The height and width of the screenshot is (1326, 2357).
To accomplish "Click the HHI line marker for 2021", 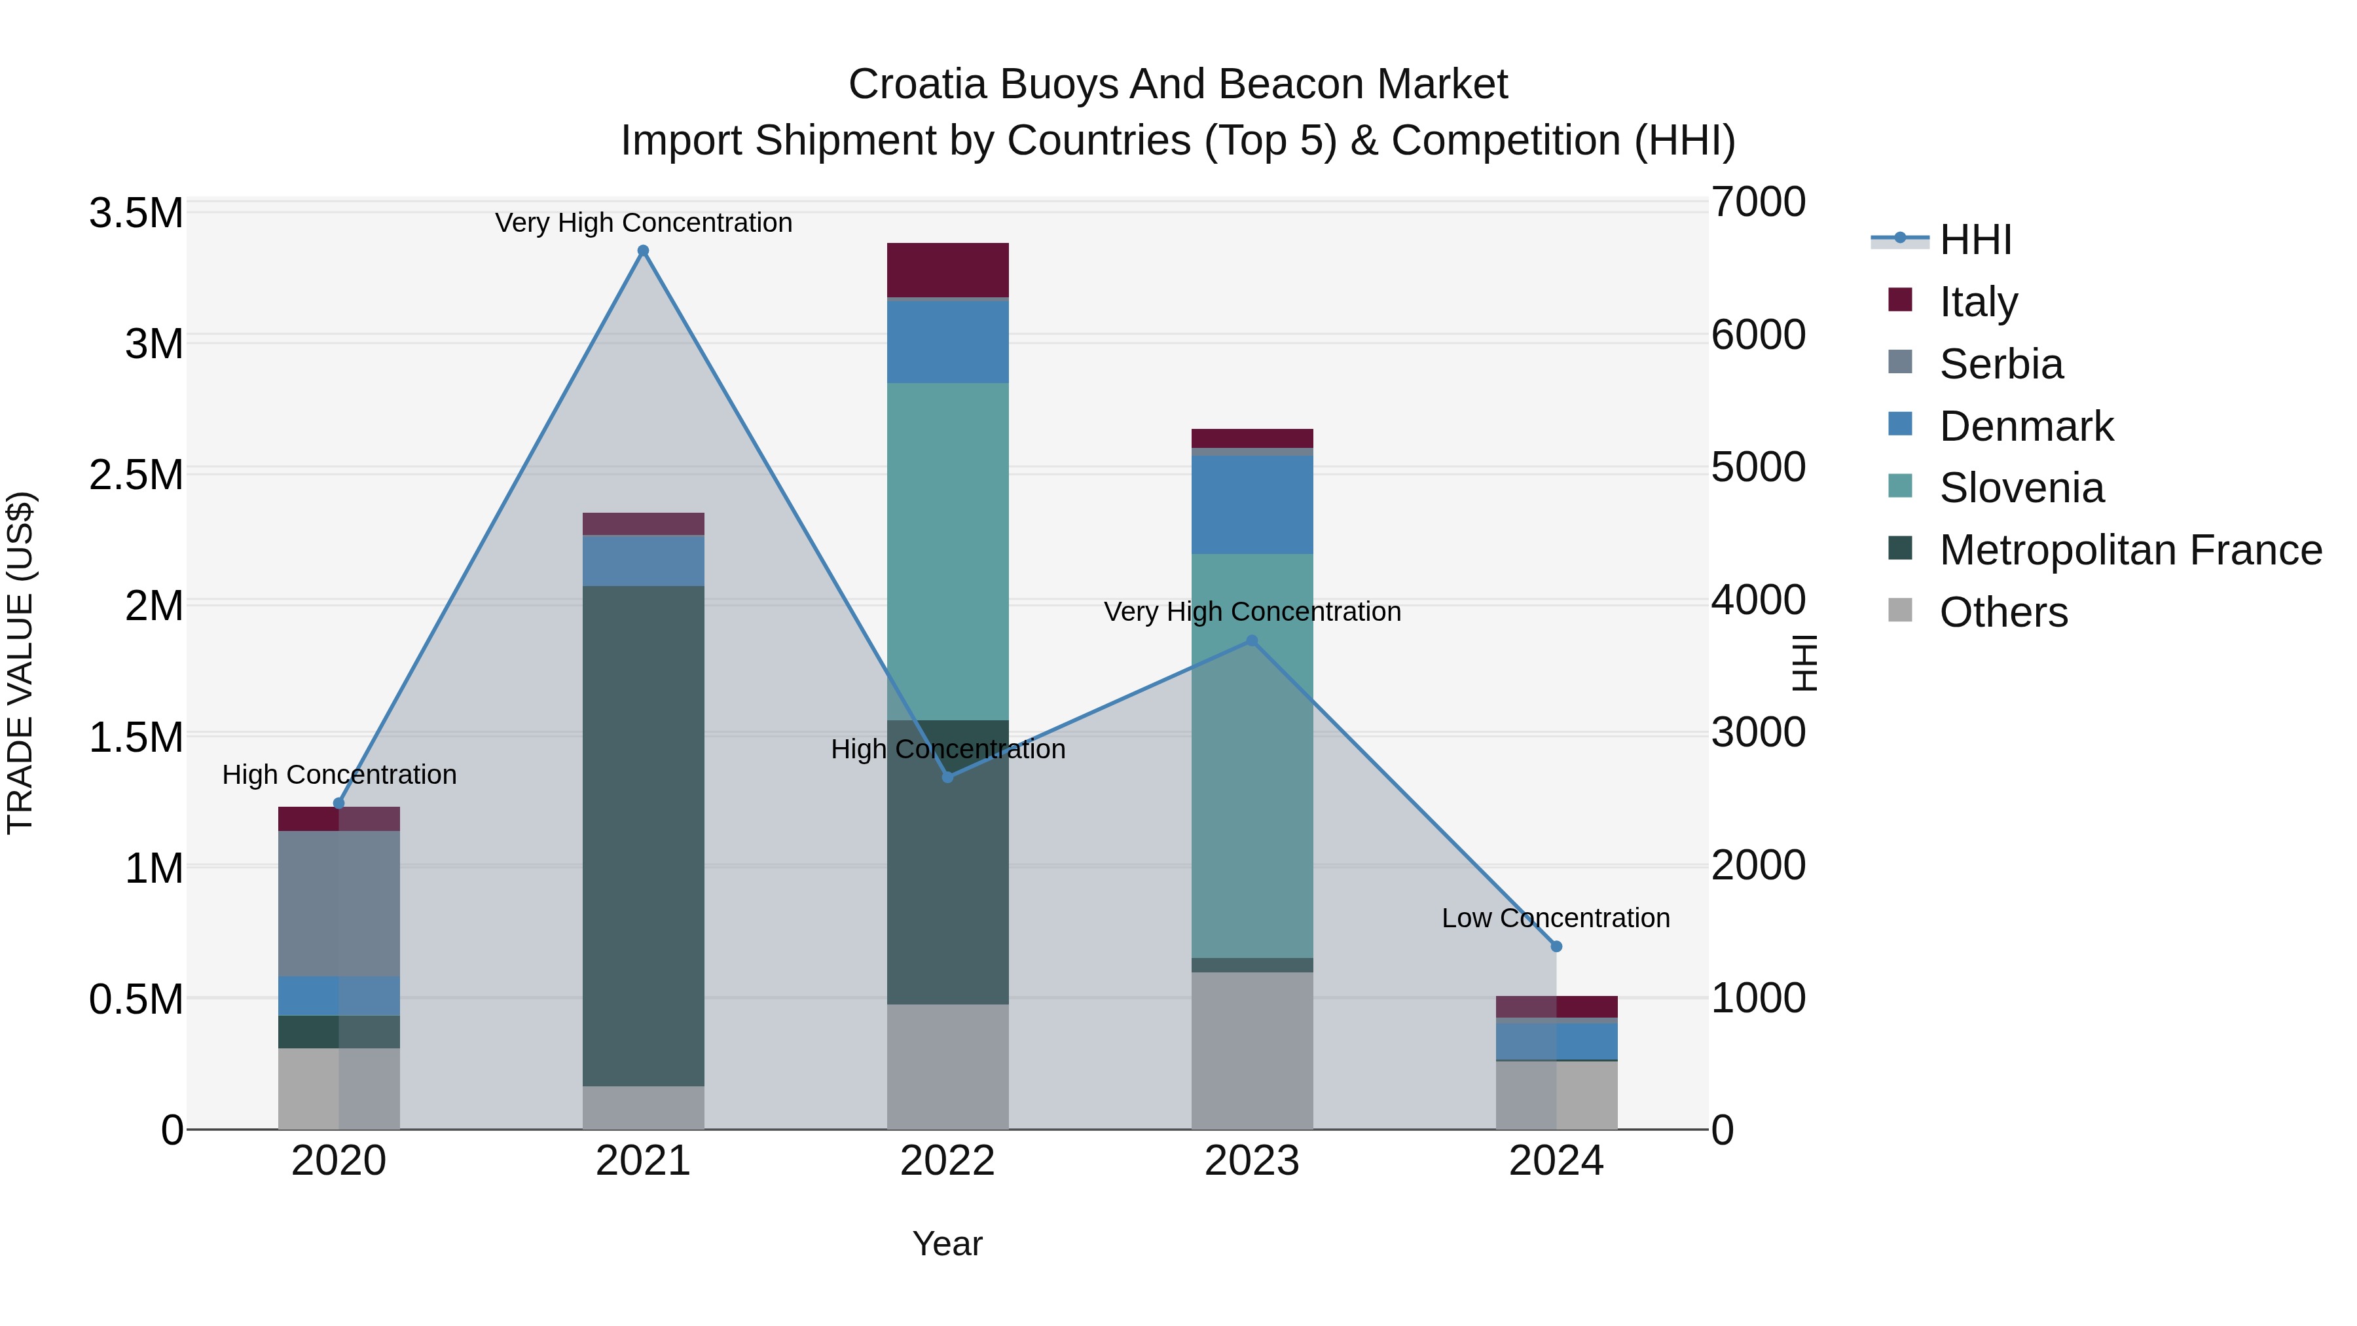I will [x=643, y=251].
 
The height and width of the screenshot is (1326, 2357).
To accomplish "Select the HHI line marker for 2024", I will [x=1556, y=946].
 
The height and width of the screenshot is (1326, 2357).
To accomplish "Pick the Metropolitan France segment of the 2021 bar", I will [x=643, y=836].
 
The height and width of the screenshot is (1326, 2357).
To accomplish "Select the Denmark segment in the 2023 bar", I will [x=1252, y=504].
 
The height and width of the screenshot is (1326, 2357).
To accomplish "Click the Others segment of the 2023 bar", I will [x=1252, y=1050].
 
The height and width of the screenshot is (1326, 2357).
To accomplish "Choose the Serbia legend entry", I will [x=2001, y=364].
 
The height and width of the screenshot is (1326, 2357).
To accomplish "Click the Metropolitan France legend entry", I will [x=2130, y=550].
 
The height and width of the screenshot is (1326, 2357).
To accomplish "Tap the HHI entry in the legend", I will [x=1975, y=240].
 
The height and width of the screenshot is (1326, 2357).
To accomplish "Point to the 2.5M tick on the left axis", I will [x=136, y=475].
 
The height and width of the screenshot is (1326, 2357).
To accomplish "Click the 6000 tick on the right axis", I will [x=1759, y=334].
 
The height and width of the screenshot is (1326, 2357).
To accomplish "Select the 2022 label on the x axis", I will [x=948, y=1161].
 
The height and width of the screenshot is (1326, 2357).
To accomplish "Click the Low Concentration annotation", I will [x=1556, y=918].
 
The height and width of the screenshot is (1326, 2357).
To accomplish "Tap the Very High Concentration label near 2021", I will [x=643, y=223].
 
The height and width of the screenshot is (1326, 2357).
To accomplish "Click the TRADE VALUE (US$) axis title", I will [x=20, y=663].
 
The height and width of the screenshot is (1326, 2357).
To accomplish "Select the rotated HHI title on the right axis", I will [x=1804, y=663].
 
